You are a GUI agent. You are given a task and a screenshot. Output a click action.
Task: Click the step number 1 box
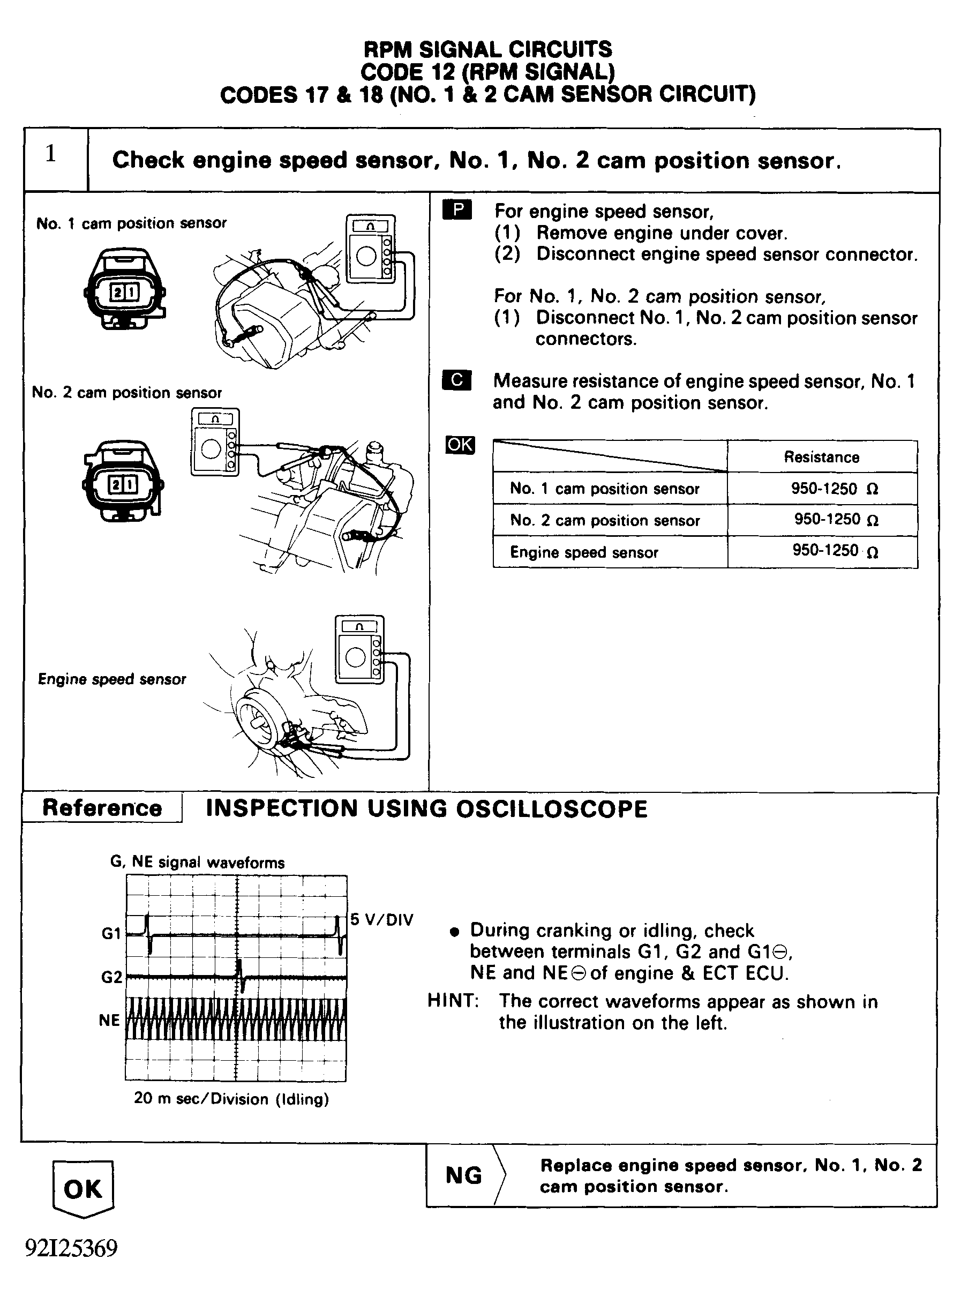[55, 159]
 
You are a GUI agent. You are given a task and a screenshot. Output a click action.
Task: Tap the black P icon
[457, 210]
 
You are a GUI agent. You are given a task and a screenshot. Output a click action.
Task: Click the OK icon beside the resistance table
[460, 445]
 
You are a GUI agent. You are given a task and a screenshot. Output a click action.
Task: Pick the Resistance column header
[821, 457]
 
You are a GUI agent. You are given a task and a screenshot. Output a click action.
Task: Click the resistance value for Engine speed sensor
[834, 551]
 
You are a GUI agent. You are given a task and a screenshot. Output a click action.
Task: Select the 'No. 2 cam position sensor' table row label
[605, 520]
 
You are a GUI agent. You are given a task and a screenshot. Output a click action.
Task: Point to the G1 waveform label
[111, 933]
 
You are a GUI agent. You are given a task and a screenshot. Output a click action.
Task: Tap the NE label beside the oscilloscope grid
[109, 1020]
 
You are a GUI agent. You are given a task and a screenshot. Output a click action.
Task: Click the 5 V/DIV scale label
[381, 919]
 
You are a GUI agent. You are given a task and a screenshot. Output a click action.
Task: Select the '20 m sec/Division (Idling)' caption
[231, 1099]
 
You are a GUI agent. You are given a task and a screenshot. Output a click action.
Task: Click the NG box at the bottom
[464, 1175]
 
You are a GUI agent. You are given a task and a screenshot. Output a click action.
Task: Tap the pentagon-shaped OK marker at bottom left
[82, 1189]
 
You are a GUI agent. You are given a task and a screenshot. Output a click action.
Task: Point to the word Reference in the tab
[102, 808]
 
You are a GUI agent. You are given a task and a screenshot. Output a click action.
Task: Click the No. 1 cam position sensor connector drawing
[124, 289]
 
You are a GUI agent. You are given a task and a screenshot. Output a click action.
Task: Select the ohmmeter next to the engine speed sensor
[359, 649]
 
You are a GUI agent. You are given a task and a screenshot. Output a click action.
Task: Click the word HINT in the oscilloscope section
[453, 1000]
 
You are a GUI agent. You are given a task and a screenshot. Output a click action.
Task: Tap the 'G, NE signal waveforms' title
[197, 862]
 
